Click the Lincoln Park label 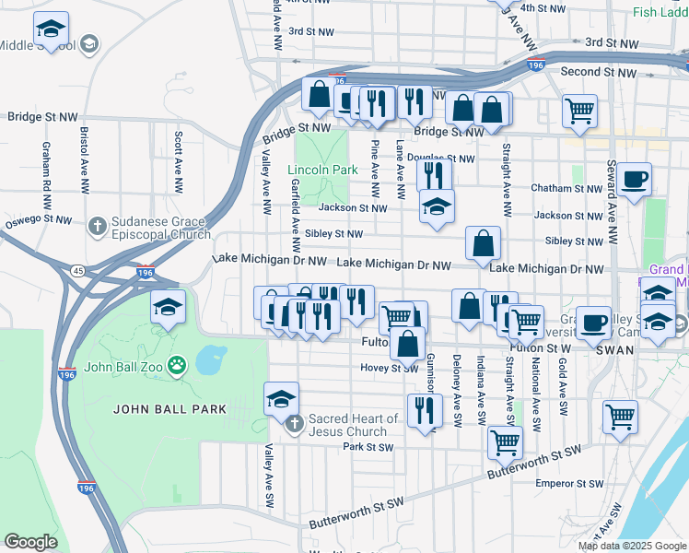click(x=321, y=171)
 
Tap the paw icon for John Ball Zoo click(x=177, y=363)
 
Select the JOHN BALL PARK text click(x=155, y=408)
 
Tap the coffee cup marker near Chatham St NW click(x=634, y=179)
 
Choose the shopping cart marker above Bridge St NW click(x=579, y=112)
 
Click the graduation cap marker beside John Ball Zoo click(x=168, y=307)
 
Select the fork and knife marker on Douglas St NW click(x=434, y=173)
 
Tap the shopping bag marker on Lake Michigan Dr click(x=483, y=244)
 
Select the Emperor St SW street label click(x=568, y=482)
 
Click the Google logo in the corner click(x=30, y=542)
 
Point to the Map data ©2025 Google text click(x=632, y=546)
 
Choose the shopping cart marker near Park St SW click(x=505, y=441)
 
